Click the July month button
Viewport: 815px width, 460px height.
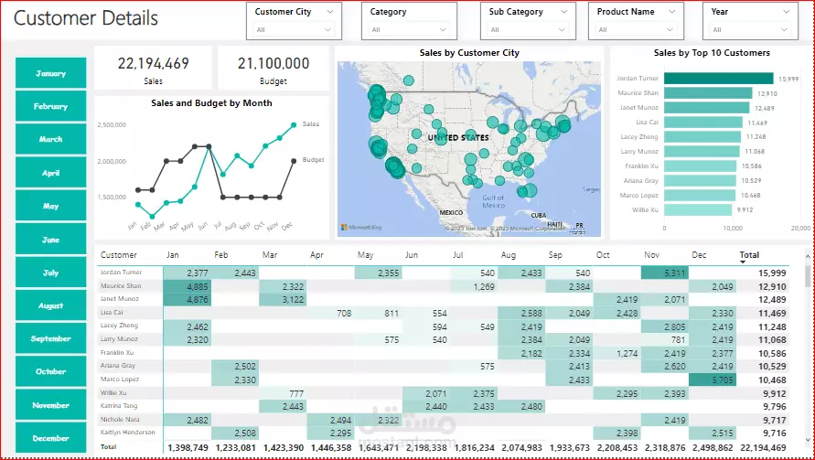pyautogui.click(x=51, y=273)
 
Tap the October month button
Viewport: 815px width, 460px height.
pyautogui.click(x=51, y=372)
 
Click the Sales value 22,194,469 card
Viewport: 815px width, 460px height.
pyautogui.click(x=154, y=64)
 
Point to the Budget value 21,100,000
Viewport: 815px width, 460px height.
pyautogui.click(x=273, y=64)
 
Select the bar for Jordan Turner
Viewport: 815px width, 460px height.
pyautogui.click(x=719, y=79)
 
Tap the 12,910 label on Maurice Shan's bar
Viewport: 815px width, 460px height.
pyautogui.click(x=767, y=93)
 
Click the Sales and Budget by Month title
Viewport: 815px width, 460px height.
pyautogui.click(x=211, y=103)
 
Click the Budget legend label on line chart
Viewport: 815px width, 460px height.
pyautogui.click(x=313, y=160)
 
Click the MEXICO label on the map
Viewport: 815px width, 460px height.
pyautogui.click(x=451, y=212)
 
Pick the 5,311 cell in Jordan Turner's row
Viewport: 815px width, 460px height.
pyautogui.click(x=664, y=273)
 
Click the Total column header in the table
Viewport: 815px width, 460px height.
pyautogui.click(x=749, y=255)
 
